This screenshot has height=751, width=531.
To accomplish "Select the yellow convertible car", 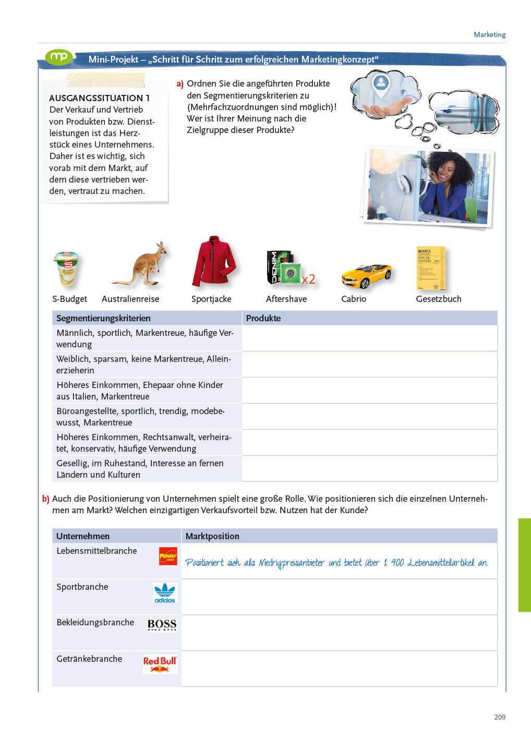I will (366, 275).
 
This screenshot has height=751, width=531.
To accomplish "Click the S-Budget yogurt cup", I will (66, 268).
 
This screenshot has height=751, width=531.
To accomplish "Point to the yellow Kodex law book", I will (430, 268).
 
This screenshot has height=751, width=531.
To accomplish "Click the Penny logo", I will (168, 556).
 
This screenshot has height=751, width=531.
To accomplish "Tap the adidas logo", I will (165, 592).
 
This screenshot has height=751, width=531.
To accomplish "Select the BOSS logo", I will (162, 624).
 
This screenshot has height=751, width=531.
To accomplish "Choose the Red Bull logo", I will (160, 664).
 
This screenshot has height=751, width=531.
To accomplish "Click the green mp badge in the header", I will (58, 57).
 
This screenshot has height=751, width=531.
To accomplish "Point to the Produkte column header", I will (263, 318).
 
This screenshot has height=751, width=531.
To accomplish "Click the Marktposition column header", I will (212, 536).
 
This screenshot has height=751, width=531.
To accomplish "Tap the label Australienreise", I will (130, 299).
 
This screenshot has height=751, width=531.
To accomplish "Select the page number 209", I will (500, 717).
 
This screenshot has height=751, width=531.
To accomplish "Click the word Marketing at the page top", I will (489, 34).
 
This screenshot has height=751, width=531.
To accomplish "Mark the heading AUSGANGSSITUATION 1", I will (99, 98).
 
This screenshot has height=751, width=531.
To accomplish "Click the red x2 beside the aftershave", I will (308, 280).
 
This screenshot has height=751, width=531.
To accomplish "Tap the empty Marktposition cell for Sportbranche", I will (339, 597).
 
